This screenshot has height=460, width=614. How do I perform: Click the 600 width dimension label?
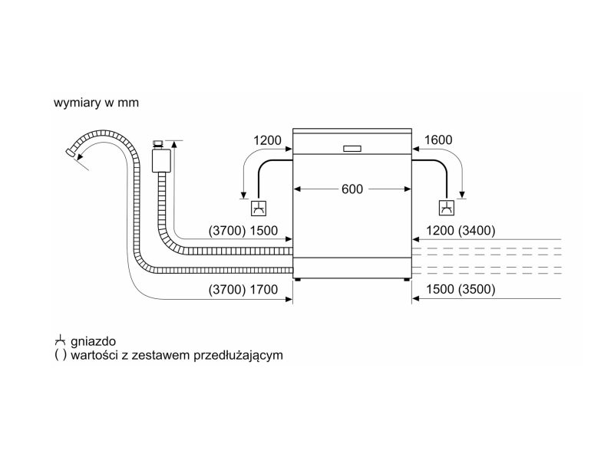pos(352,189)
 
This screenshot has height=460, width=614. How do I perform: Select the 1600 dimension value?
pos(438,140)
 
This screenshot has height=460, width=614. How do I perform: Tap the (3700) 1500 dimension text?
pos(243,231)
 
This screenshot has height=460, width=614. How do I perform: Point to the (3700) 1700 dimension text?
pos(243,290)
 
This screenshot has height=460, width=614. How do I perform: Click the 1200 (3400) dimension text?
pos(460,231)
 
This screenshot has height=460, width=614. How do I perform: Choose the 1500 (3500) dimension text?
pos(460,290)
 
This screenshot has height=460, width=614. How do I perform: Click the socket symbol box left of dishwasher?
pos(259,208)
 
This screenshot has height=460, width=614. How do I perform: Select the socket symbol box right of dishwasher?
pos(447,208)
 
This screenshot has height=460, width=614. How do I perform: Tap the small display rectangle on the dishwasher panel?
pos(352,149)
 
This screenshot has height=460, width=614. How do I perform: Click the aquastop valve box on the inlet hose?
pos(161,160)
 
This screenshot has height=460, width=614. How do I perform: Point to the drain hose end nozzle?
pos(70,153)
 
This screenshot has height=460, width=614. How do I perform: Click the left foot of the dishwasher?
pos(298,280)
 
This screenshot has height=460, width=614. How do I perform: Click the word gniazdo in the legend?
pos(93,341)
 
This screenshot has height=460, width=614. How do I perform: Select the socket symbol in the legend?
pos(60,340)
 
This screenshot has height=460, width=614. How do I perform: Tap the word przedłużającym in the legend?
pos(238,355)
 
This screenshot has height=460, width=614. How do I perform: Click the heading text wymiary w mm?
pos(97,103)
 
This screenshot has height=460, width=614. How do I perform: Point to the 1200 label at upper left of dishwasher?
pos(267,140)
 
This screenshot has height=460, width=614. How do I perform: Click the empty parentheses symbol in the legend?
pos(61,355)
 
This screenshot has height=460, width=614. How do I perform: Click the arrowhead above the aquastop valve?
pos(174,144)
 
